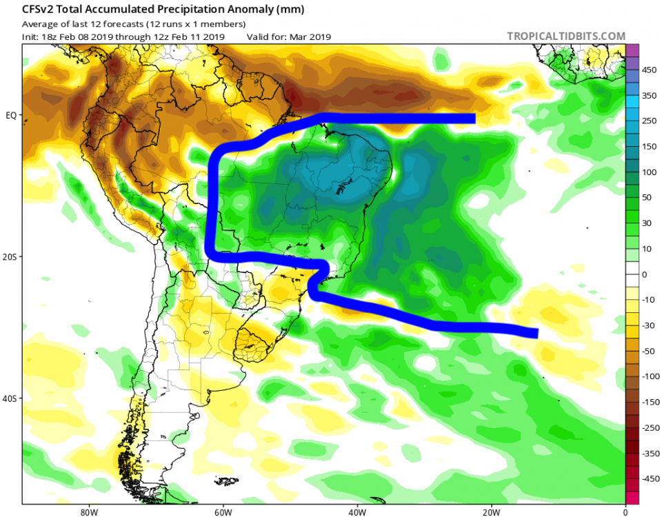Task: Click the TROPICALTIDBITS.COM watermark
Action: coord(566,36)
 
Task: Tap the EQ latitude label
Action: coord(12,114)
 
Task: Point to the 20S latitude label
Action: coord(10,256)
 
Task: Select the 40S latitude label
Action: coord(10,398)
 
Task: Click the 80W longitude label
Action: coord(86,511)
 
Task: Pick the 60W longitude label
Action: coord(221,511)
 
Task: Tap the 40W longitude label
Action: coord(357,511)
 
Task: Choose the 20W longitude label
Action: coord(491,511)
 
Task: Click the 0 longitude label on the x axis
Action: coord(625,511)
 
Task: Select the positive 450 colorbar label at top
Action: coord(649,70)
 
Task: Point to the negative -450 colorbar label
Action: coord(649,478)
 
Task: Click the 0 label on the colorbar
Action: coord(644,274)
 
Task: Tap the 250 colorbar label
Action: coord(649,121)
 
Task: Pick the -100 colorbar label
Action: coord(649,376)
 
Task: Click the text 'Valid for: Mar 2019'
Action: coord(288,37)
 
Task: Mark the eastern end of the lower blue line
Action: coord(535,334)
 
